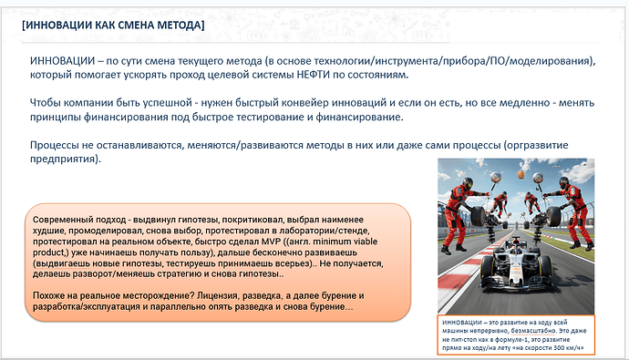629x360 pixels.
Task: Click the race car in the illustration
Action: pos(513,269)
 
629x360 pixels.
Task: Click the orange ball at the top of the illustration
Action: pos(521,173)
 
